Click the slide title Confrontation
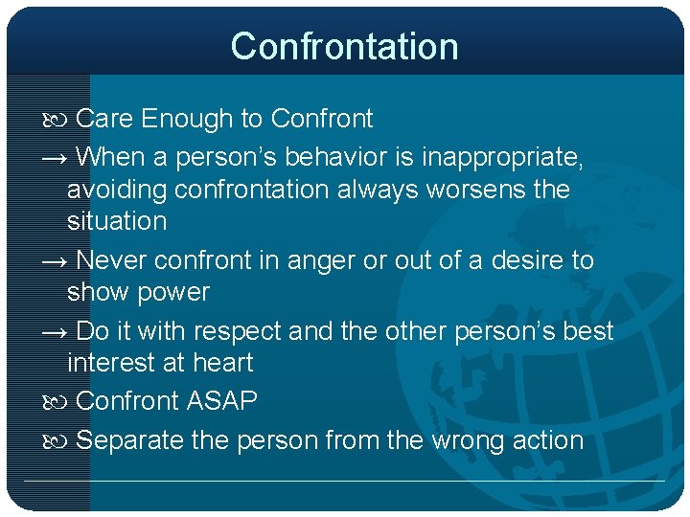[x=344, y=46]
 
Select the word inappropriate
[x=501, y=155]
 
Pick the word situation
[x=117, y=221]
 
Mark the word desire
[x=527, y=260]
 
